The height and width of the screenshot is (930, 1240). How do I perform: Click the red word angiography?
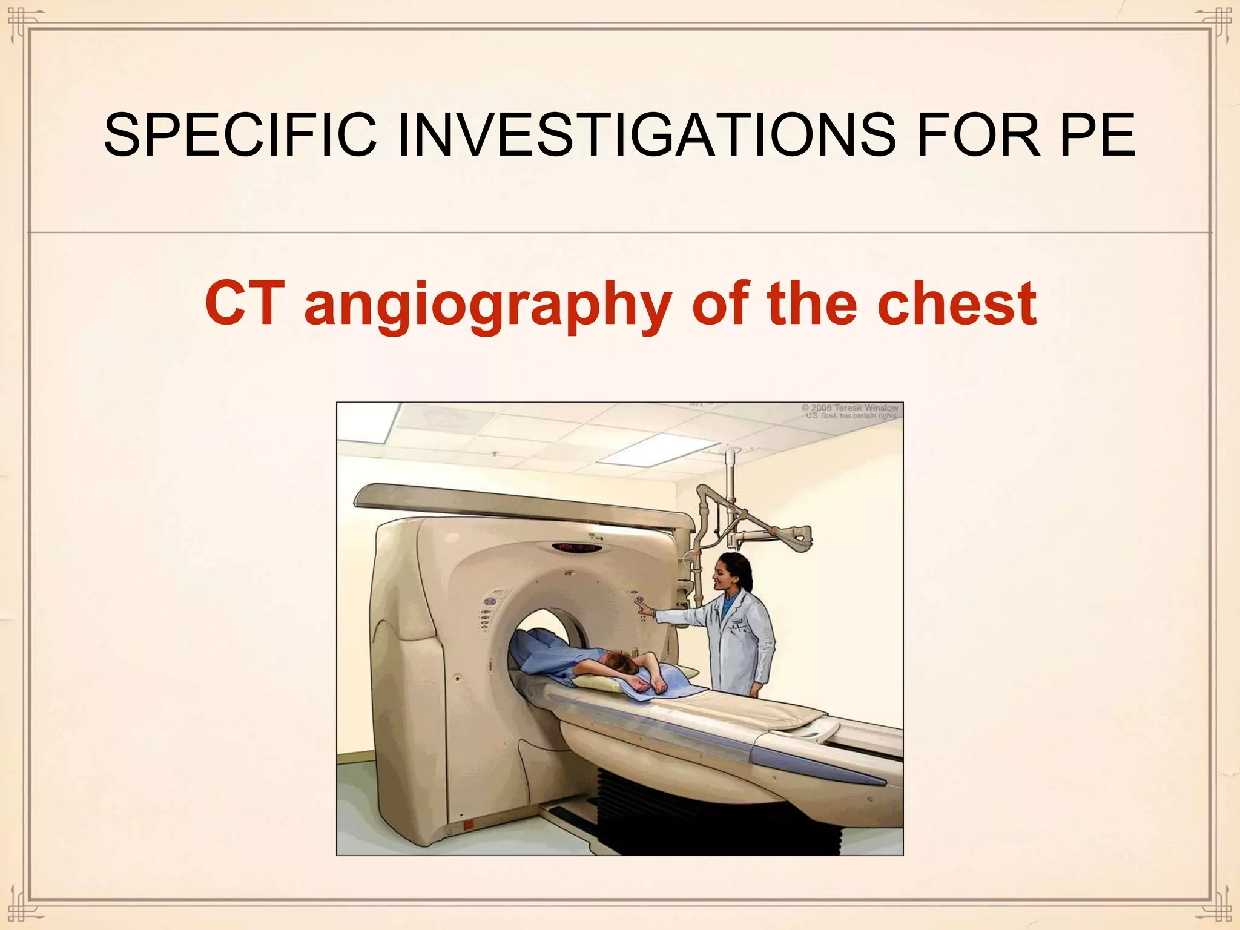pos(488,306)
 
